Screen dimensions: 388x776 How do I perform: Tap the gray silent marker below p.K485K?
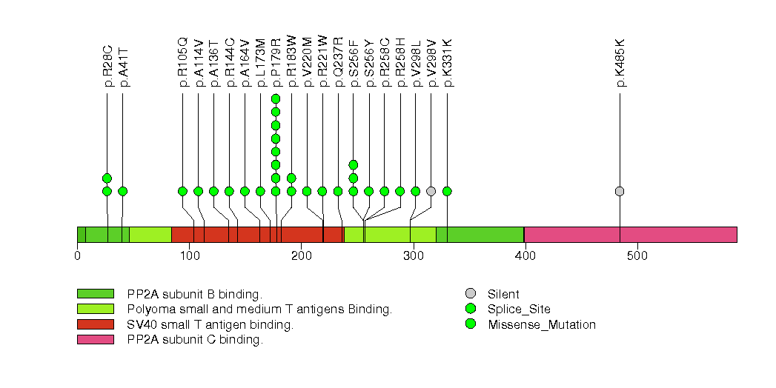click(620, 191)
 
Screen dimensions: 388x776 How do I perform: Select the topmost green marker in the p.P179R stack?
click(276, 99)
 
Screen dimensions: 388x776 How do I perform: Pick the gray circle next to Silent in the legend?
click(471, 294)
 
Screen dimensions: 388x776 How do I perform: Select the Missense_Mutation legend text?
click(542, 324)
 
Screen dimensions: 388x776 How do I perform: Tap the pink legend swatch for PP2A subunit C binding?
click(95, 340)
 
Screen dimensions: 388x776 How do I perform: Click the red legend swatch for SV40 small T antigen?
click(95, 324)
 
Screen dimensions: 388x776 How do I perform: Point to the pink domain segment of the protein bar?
click(630, 234)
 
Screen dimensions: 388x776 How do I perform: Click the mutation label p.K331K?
click(447, 62)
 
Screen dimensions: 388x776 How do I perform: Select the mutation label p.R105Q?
click(182, 62)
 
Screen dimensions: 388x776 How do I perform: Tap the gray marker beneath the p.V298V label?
click(431, 191)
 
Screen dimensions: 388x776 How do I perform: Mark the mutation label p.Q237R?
click(338, 62)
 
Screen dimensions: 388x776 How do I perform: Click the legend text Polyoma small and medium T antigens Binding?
click(259, 310)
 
